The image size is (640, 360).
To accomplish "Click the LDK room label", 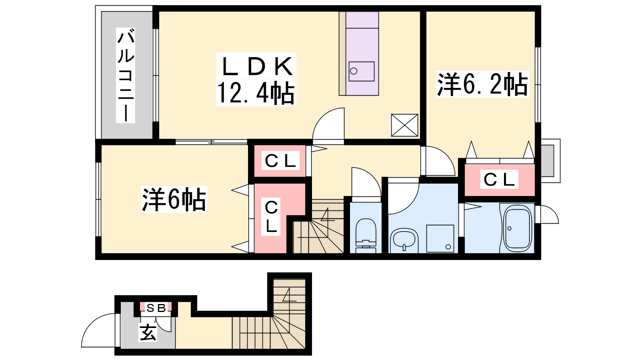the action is [257, 66].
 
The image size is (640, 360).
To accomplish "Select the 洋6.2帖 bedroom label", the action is [482, 84].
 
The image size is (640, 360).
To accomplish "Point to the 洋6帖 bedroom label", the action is [174, 199].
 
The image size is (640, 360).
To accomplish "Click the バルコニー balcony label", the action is [126, 76].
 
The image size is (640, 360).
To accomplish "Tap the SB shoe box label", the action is [156, 308].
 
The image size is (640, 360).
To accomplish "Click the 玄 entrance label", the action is [148, 332].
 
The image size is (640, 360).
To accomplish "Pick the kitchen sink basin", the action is [362, 72].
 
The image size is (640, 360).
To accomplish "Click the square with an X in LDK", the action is [404, 125].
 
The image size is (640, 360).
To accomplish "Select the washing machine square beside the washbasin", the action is [440, 238].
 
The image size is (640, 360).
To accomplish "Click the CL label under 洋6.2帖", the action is [499, 180].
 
